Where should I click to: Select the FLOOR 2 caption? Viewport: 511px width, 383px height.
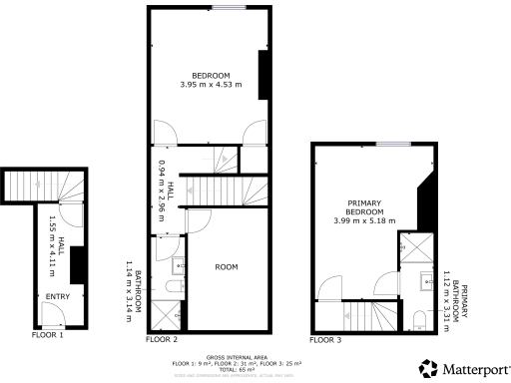(x=161, y=340)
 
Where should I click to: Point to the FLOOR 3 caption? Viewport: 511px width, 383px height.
(x=325, y=340)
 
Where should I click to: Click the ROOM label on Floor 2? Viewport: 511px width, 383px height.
(x=226, y=267)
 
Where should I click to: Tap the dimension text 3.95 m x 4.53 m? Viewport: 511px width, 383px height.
(x=212, y=86)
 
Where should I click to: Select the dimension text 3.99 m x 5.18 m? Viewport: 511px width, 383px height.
(x=365, y=219)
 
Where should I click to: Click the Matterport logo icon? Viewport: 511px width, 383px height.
(x=428, y=368)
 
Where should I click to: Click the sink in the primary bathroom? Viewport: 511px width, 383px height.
(x=423, y=278)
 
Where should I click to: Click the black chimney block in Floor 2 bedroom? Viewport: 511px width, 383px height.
(x=263, y=73)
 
